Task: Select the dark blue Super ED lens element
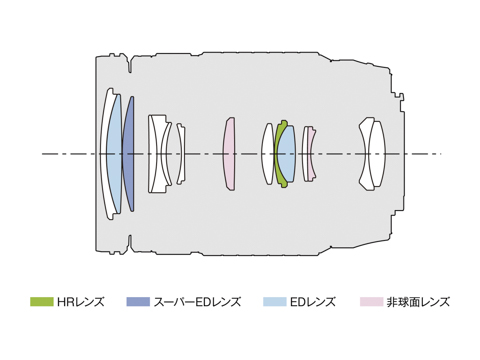click(129, 154)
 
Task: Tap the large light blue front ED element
click(113, 154)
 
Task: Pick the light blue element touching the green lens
click(287, 154)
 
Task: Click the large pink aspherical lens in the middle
click(229, 154)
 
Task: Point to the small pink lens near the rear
click(312, 154)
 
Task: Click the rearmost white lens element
click(377, 154)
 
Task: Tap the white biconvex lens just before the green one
click(268, 154)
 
